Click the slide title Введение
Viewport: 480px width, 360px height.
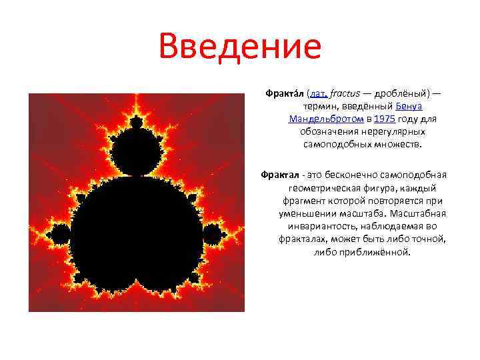coord(240,47)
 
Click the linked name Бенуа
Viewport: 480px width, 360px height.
coord(409,107)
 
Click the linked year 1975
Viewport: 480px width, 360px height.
coord(385,119)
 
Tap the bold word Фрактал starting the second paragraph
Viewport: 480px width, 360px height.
coord(279,175)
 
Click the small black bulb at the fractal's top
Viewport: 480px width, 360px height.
coord(137,123)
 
